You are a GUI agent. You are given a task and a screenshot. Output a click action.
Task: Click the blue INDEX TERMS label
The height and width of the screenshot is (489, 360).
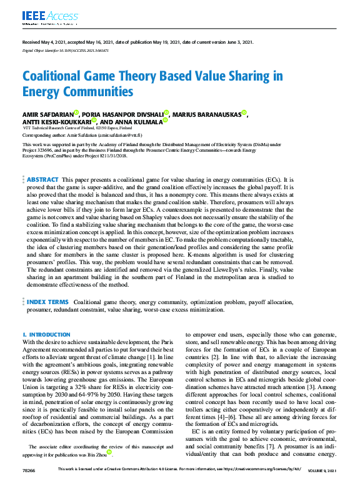tap(47, 302)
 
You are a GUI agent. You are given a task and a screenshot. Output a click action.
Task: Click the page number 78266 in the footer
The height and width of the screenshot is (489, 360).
tap(29, 485)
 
